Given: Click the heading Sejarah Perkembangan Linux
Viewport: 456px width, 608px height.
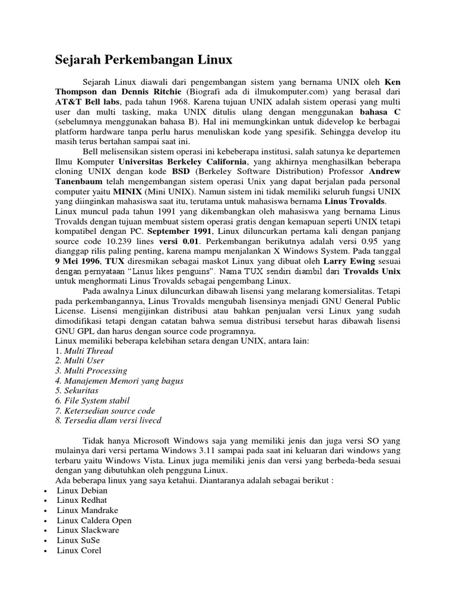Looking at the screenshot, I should pos(144,60).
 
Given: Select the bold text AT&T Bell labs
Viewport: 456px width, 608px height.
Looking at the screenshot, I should pos(84,102).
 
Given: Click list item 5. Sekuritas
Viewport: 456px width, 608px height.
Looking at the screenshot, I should pos(77,391).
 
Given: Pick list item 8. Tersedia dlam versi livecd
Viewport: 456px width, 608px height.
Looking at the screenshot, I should pos(108,420).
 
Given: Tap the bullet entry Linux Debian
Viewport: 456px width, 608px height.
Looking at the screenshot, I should pos(83,490).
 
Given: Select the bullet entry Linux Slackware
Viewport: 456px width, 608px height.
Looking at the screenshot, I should pos(88,530).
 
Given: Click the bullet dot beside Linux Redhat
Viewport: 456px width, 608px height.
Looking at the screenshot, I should pos(46,501).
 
